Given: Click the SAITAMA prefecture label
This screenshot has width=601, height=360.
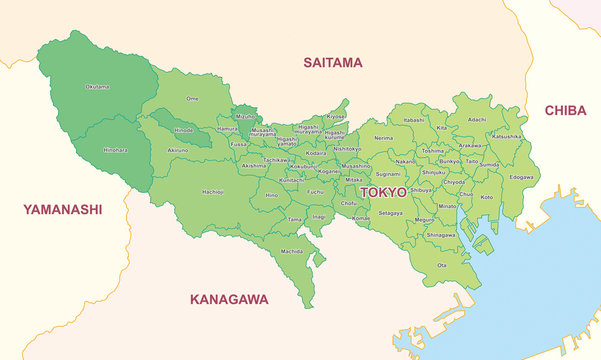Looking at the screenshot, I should click(x=333, y=63).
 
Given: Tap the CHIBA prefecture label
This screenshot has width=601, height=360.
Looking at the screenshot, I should click(x=565, y=111).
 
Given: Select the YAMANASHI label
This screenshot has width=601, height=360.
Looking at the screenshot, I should click(x=62, y=210).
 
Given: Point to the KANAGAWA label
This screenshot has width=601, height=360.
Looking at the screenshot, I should click(x=229, y=299).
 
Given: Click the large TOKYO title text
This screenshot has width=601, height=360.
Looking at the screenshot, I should click(x=383, y=192).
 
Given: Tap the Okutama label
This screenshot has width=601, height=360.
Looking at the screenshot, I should click(x=98, y=87).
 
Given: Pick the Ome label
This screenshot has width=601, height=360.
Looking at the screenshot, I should click(x=193, y=99).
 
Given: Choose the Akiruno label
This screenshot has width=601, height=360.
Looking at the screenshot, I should click(x=178, y=149).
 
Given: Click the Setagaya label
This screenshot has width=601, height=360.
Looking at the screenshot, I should click(x=390, y=213).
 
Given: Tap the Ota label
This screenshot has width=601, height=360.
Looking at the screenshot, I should click(x=442, y=265).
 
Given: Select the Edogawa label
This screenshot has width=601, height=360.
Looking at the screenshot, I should click(x=521, y=177).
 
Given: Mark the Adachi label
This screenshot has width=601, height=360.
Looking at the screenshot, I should click(x=477, y=120).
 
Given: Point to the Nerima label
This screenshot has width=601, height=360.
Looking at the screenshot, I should click(x=383, y=138).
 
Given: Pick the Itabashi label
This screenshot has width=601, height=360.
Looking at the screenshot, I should click(x=414, y=120).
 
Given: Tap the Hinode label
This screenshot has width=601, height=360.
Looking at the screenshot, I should click(x=183, y=130).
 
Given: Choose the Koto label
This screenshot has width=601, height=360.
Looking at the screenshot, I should click(x=487, y=197).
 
